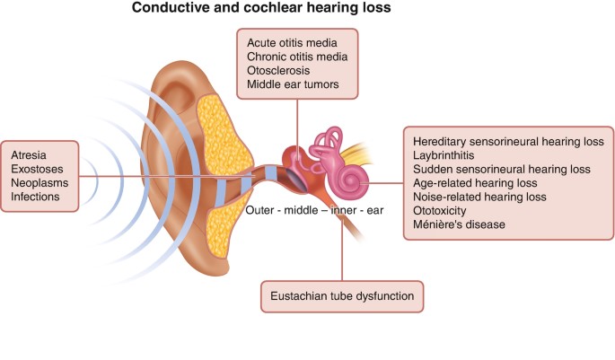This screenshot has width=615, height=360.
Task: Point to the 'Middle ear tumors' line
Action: click(293, 86)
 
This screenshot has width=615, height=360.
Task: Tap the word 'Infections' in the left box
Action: click(36, 197)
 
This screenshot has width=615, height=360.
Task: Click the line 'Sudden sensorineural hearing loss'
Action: click(501, 169)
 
